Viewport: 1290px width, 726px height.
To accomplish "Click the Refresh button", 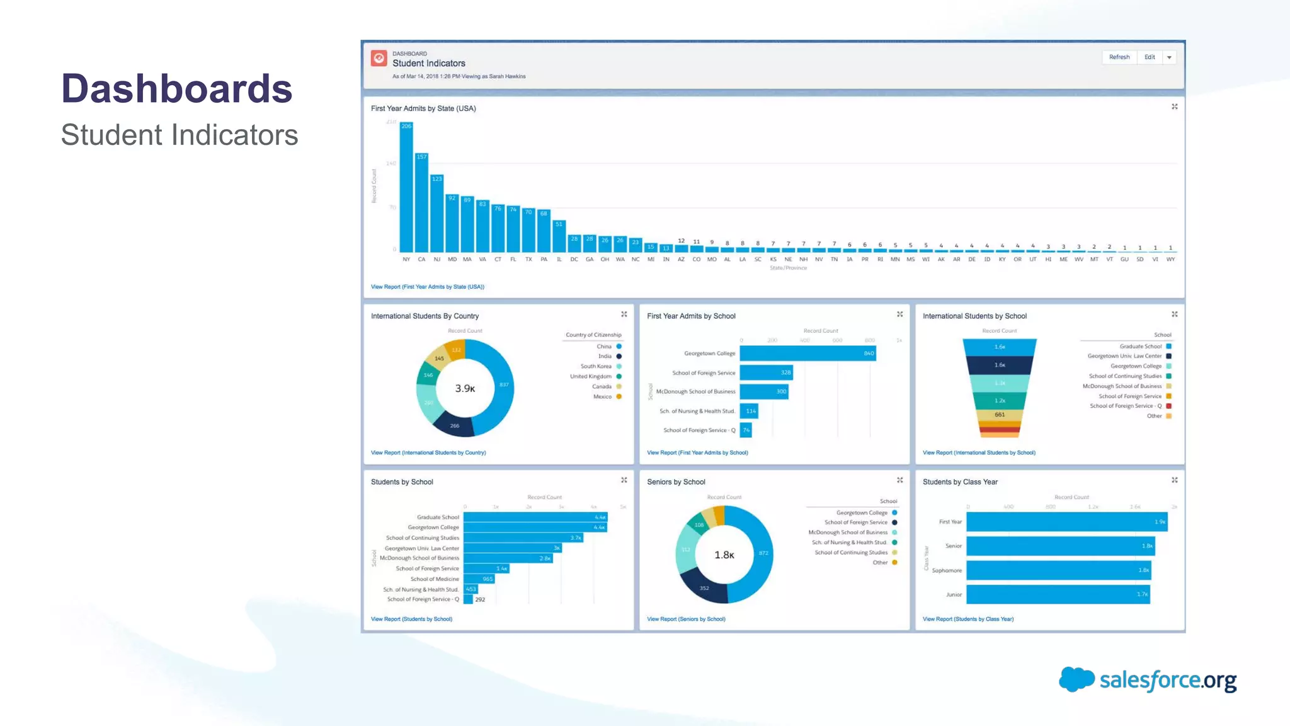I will point(1119,57).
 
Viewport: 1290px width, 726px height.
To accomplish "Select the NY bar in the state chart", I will point(406,189).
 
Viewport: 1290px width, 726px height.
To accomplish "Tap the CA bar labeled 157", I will point(421,205).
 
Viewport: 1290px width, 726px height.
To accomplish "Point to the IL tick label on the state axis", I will point(559,260).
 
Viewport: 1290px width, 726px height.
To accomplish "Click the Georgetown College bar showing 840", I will point(808,354).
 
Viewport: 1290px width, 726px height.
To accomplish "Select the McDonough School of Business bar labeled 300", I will point(763,392).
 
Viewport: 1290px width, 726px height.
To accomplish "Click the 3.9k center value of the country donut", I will point(465,389).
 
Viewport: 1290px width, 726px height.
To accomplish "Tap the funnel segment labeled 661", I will point(1000,415).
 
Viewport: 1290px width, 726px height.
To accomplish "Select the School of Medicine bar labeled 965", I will point(479,579).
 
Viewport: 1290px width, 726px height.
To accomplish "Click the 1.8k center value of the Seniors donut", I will point(724,555).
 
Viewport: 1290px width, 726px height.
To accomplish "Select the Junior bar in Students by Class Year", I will point(1058,594).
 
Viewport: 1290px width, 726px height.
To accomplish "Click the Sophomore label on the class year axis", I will point(947,571).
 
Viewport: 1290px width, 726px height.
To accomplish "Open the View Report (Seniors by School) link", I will point(686,619).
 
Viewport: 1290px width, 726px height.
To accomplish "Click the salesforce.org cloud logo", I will point(1076,680).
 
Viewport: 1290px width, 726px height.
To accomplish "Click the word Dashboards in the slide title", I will point(177,88).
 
